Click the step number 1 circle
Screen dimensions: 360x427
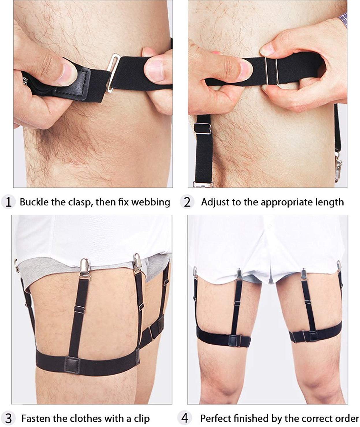point(8,202)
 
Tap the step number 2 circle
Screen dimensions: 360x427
point(187,202)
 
